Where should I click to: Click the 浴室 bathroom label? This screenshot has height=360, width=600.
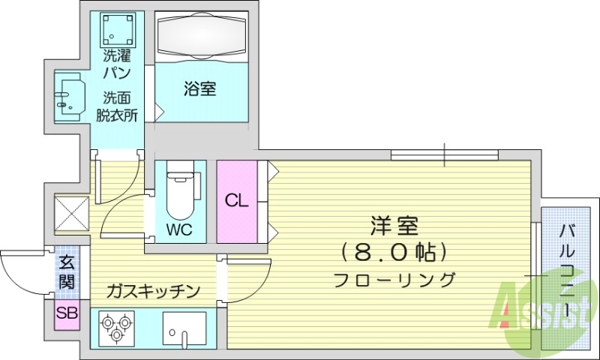pyautogui.click(x=200, y=89)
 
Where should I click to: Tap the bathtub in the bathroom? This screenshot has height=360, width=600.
pyautogui.click(x=200, y=39)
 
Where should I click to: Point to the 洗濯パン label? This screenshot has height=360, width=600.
pyautogui.click(x=118, y=64)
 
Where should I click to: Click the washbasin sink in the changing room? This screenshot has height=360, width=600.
pyautogui.click(x=70, y=96)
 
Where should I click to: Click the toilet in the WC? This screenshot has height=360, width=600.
pyautogui.click(x=179, y=193)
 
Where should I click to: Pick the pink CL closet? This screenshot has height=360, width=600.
pyautogui.click(x=236, y=201)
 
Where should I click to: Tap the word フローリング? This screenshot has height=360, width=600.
pyautogui.click(x=394, y=280)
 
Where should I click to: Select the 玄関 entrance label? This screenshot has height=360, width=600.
pyautogui.click(x=66, y=273)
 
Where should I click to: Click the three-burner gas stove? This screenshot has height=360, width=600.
pyautogui.click(x=116, y=328)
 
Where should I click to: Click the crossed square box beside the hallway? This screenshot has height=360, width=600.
pyautogui.click(x=72, y=212)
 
